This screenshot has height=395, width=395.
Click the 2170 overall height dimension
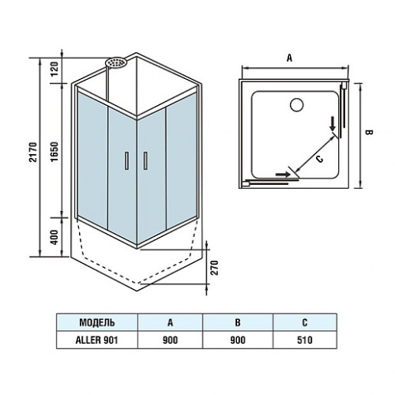[x=33, y=152]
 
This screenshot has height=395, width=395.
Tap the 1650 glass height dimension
[x=55, y=152]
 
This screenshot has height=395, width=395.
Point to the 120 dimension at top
[x=55, y=69]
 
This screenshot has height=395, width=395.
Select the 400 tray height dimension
[x=55, y=237]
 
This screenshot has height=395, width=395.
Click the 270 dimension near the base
[x=215, y=268]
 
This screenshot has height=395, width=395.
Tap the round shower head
[x=116, y=62]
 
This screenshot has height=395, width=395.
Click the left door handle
[x=127, y=160]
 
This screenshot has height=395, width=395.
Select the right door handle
[x=145, y=160]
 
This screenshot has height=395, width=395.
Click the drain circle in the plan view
[x=297, y=104]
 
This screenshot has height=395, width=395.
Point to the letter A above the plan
[x=289, y=58]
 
